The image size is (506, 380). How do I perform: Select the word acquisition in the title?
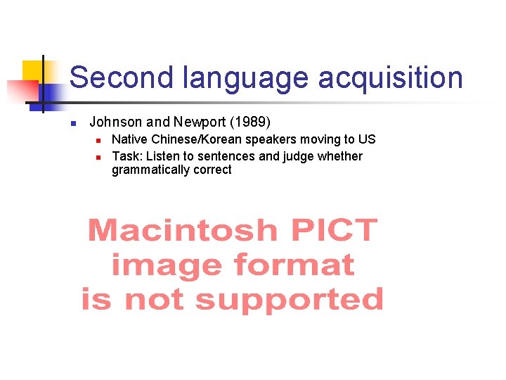point(390,78)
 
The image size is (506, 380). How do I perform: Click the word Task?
point(126,156)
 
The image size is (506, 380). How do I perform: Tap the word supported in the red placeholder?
point(290,300)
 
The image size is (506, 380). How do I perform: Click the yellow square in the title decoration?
point(32,70)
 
